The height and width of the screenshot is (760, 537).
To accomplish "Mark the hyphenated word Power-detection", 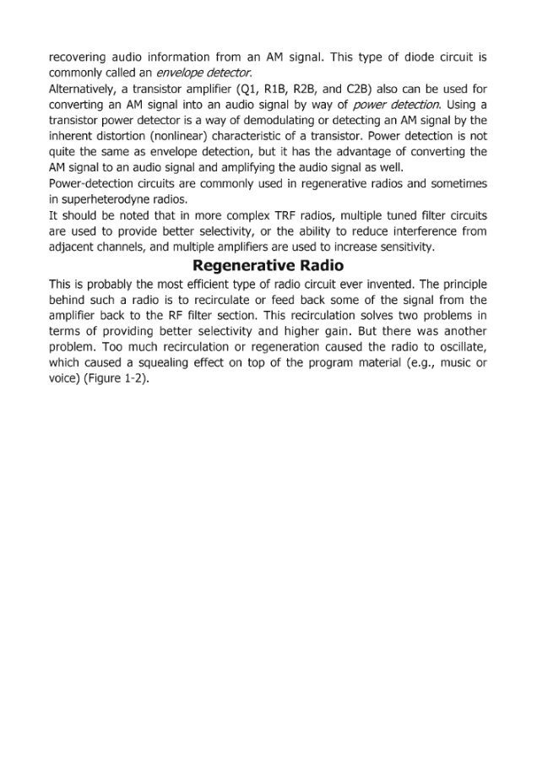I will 93,184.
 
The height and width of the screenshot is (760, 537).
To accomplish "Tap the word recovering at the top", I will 81,57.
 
